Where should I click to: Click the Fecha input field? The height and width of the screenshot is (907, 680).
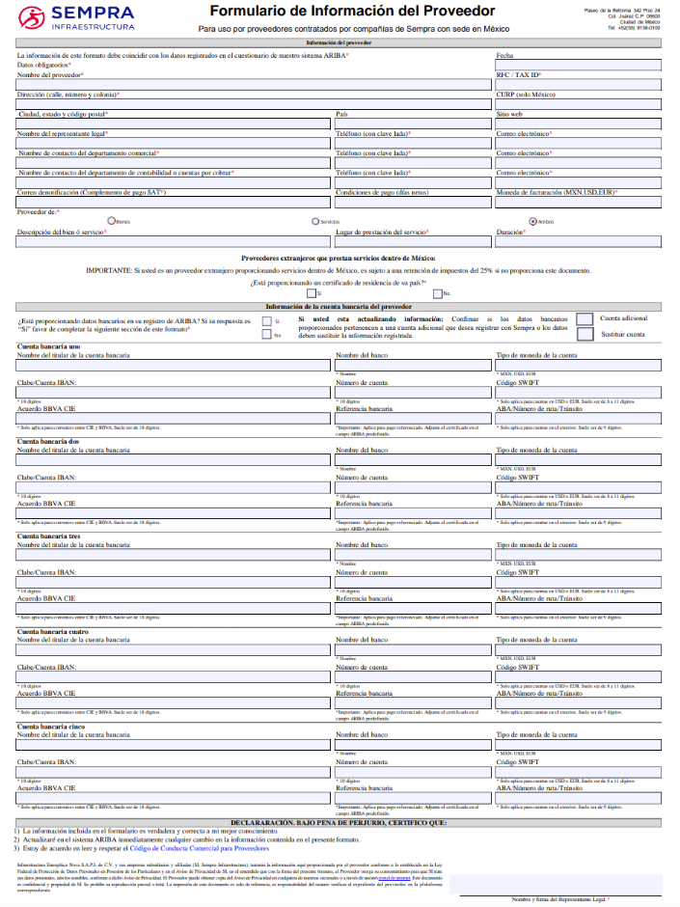[577, 67]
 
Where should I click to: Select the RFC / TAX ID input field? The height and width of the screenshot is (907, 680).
[577, 85]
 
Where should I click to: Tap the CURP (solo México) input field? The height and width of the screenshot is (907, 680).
[577, 104]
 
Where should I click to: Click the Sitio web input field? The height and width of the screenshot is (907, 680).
[577, 124]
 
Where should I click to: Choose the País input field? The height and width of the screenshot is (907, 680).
[413, 124]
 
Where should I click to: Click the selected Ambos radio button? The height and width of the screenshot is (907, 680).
[532, 221]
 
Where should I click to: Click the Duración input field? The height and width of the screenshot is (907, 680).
[577, 241]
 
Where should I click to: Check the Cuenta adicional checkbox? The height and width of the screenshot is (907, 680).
[585, 319]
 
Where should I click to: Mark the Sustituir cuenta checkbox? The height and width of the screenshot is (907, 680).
[585, 335]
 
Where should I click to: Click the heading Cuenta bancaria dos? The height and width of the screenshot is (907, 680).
[48, 440]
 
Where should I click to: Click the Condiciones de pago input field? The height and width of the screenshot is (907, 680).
[413, 202]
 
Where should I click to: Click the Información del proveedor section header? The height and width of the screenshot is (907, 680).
[339, 44]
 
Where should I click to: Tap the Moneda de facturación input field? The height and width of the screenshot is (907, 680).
[577, 202]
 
